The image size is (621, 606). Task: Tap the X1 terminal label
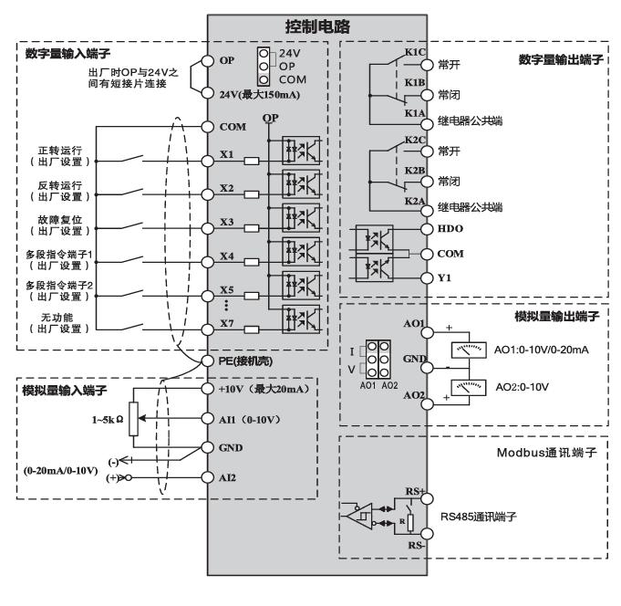coord(228,155)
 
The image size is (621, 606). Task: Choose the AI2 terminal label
coord(230,478)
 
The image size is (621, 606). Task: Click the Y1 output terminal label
coord(445,277)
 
